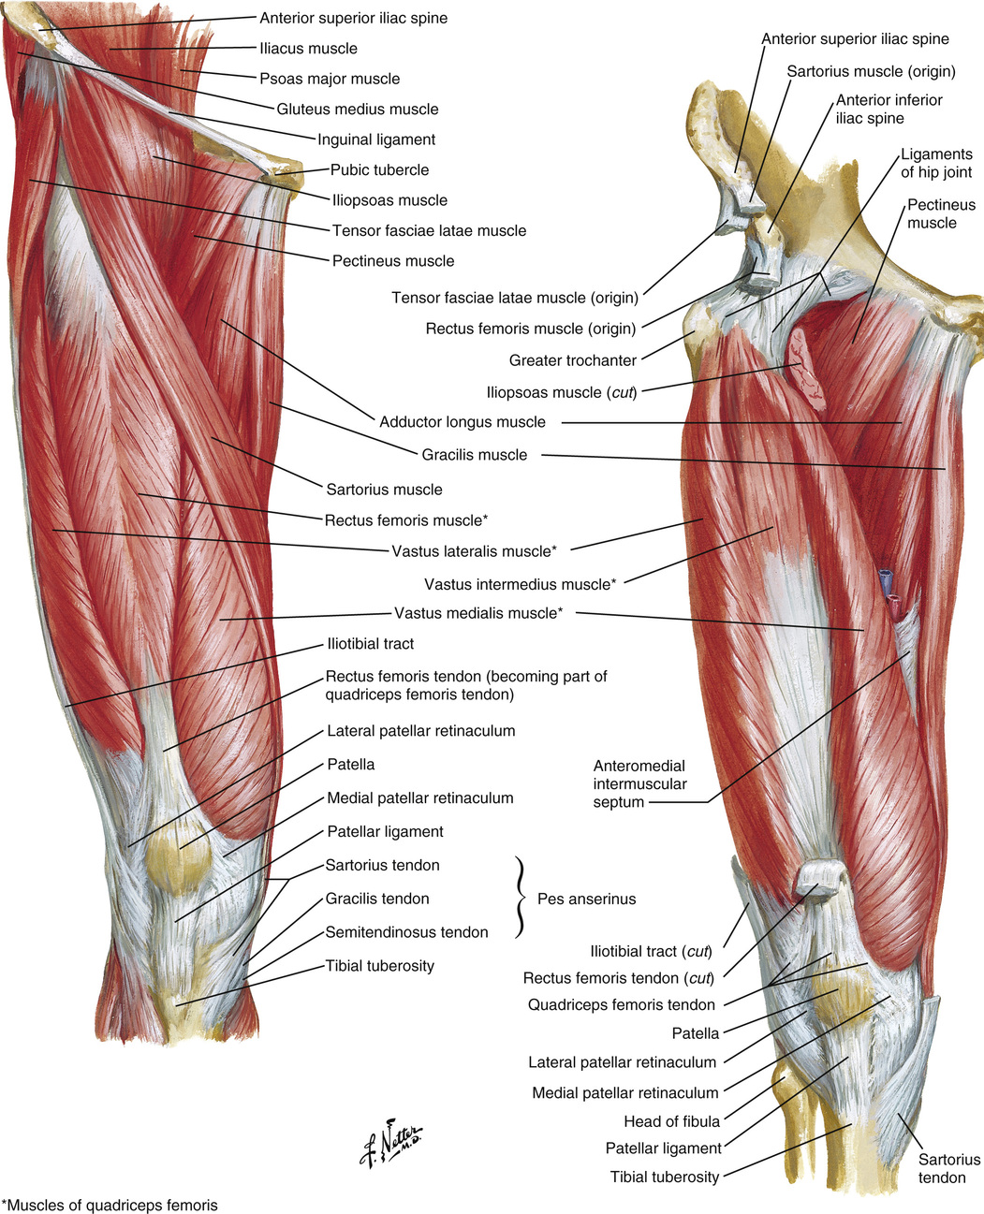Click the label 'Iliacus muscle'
click(308, 49)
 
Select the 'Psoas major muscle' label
click(330, 80)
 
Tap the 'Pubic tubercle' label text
click(379, 170)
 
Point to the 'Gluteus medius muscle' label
click(357, 110)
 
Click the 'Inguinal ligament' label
click(376, 140)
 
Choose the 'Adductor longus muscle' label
click(462, 422)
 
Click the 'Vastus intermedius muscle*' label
click(520, 584)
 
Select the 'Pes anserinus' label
click(586, 900)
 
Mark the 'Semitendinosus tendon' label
click(406, 932)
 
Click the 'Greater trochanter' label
click(572, 360)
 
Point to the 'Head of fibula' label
click(671, 1121)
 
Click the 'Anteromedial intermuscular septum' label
click(639, 784)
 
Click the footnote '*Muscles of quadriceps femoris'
click(110, 1205)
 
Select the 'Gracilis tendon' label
click(376, 899)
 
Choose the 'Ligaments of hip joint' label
click(936, 163)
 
